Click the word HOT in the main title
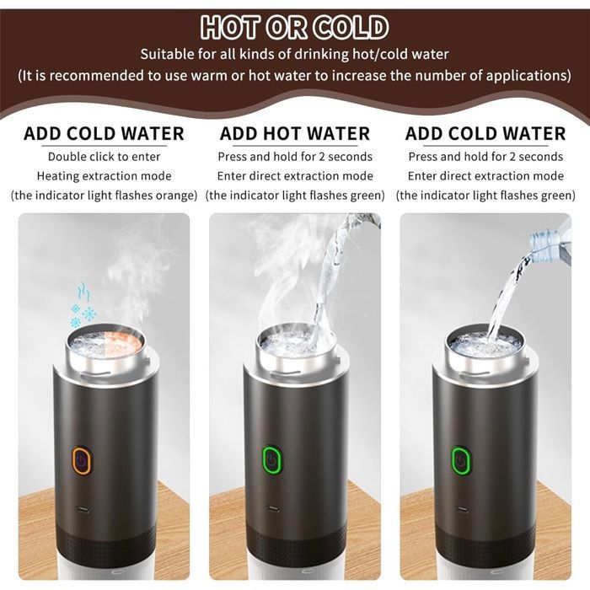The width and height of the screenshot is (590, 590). pyautogui.click(x=230, y=27)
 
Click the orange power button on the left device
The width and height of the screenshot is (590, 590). pyautogui.click(x=82, y=460)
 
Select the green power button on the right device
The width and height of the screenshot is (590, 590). pyautogui.click(x=461, y=460)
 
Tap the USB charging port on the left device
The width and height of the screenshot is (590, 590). pyautogui.click(x=83, y=510)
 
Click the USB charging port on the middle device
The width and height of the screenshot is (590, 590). pyautogui.click(x=272, y=509)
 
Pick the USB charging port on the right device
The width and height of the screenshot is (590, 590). pyautogui.click(x=461, y=509)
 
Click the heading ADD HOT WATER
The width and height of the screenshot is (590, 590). pyautogui.click(x=295, y=134)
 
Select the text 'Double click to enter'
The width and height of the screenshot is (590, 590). pyautogui.click(x=105, y=157)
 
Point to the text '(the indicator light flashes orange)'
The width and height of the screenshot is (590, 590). pyautogui.click(x=105, y=196)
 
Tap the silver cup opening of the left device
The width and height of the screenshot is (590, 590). pyautogui.click(x=105, y=341)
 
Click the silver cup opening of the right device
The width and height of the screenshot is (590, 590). pyautogui.click(x=485, y=341)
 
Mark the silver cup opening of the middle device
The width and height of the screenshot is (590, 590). pyautogui.click(x=295, y=341)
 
